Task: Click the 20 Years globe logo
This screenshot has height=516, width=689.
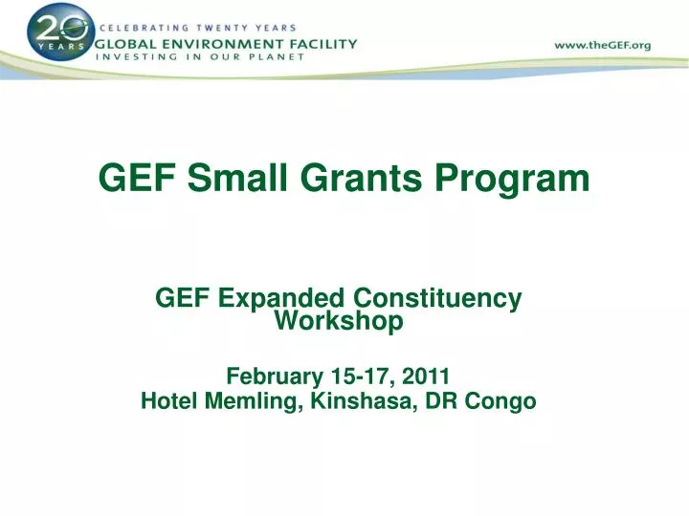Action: (x=60, y=32)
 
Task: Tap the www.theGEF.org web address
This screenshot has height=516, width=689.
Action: (x=604, y=45)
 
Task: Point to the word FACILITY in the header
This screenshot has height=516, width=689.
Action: (x=322, y=43)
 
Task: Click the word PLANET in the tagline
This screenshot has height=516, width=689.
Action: (x=279, y=56)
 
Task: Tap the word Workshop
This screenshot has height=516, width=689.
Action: (x=339, y=322)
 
